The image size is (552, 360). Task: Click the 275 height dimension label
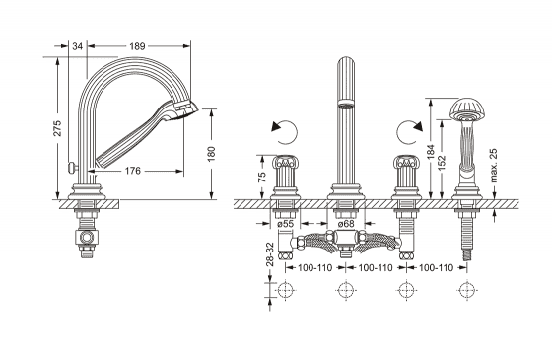[x=58, y=128]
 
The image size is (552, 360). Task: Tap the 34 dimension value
[x=78, y=46]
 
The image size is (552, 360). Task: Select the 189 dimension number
[x=137, y=46]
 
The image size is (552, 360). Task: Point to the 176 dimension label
[x=133, y=171]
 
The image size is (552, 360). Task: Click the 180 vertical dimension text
[x=211, y=154]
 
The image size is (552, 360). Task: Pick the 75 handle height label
[x=262, y=177]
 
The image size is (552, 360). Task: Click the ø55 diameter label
[x=285, y=223]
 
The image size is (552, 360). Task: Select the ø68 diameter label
[x=346, y=223]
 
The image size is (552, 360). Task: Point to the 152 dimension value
[x=443, y=163]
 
